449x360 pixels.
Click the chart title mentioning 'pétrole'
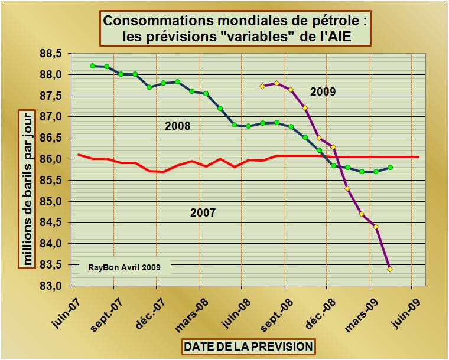[x=236, y=28]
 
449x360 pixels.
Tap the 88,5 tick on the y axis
[x=51, y=54]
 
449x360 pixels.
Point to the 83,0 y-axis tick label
[x=51, y=286]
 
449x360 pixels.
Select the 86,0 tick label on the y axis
[x=51, y=159]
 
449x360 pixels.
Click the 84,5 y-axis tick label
[x=51, y=222]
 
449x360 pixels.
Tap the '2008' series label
[x=177, y=126]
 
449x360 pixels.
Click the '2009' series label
[x=323, y=91]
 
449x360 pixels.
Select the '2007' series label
[x=203, y=212]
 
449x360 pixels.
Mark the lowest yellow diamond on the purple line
[x=390, y=269]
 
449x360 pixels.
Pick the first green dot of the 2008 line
[x=92, y=66]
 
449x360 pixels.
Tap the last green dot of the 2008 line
[x=391, y=168]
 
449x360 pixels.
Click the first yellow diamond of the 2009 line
[x=262, y=86]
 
